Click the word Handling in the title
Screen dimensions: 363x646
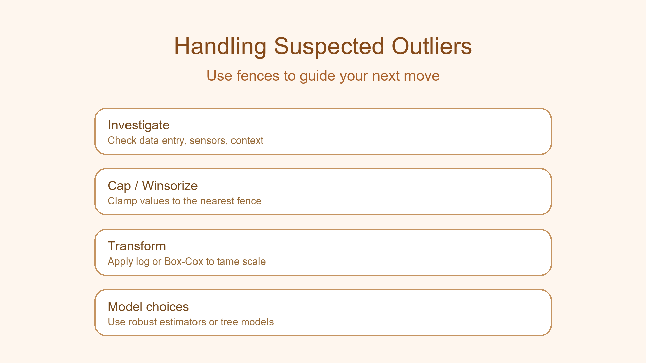click(220, 46)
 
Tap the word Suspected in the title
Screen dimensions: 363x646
click(329, 46)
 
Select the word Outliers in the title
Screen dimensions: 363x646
click(431, 46)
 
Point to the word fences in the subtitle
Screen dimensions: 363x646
click(258, 76)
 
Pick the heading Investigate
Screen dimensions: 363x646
click(138, 125)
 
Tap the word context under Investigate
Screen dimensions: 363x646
click(247, 140)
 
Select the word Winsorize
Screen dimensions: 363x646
click(170, 186)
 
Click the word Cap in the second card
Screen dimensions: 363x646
click(119, 186)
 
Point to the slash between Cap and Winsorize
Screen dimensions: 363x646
click(136, 186)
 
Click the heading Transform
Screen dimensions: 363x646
click(137, 246)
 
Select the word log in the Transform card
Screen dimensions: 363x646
click(142, 261)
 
